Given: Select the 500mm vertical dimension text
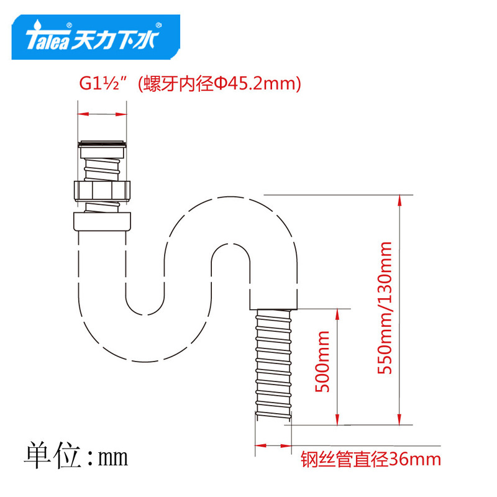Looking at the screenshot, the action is click(322, 369).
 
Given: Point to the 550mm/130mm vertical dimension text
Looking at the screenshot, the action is click(385, 308).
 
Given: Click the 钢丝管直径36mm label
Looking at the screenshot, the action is click(371, 460).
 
